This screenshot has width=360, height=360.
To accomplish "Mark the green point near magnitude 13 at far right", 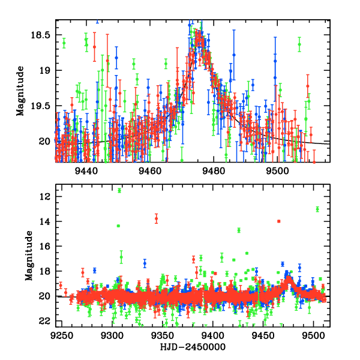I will click(x=317, y=209).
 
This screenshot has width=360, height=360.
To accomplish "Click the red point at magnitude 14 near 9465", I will click(x=279, y=221).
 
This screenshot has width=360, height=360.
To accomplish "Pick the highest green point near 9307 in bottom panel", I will click(x=119, y=190).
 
